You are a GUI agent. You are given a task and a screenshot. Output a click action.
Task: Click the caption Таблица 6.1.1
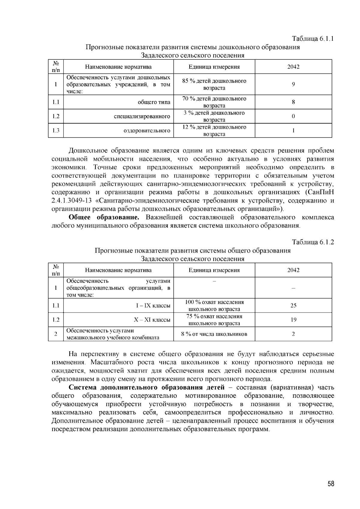[x=313, y=39]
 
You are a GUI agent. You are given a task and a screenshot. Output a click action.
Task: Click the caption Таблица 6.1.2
[x=313, y=242]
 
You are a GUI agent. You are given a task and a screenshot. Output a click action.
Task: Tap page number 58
[x=331, y=484]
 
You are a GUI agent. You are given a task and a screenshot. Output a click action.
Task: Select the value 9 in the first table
[x=293, y=85]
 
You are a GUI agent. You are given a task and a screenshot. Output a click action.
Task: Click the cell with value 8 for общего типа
[x=293, y=102]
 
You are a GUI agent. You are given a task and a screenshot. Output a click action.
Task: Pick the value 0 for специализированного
[x=293, y=116]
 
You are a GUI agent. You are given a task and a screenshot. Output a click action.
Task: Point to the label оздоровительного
[x=147, y=131]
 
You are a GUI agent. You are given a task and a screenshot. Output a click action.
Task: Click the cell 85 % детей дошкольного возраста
[x=214, y=85]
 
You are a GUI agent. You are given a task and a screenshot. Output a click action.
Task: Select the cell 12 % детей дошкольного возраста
[x=214, y=131]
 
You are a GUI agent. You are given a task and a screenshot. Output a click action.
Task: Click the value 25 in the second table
[x=293, y=306]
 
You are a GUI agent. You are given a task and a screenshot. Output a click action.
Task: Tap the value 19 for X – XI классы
[x=293, y=320]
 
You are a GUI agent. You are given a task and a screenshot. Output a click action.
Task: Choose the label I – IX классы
[x=153, y=306]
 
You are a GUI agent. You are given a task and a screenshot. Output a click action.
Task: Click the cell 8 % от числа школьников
[x=214, y=334]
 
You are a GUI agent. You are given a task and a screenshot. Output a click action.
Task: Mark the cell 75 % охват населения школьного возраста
[x=214, y=320]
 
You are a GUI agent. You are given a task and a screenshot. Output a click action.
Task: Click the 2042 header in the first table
[x=293, y=67]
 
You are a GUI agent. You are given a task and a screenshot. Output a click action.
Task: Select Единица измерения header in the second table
[x=214, y=270]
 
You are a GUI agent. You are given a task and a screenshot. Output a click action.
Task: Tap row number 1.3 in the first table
[x=56, y=131]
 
